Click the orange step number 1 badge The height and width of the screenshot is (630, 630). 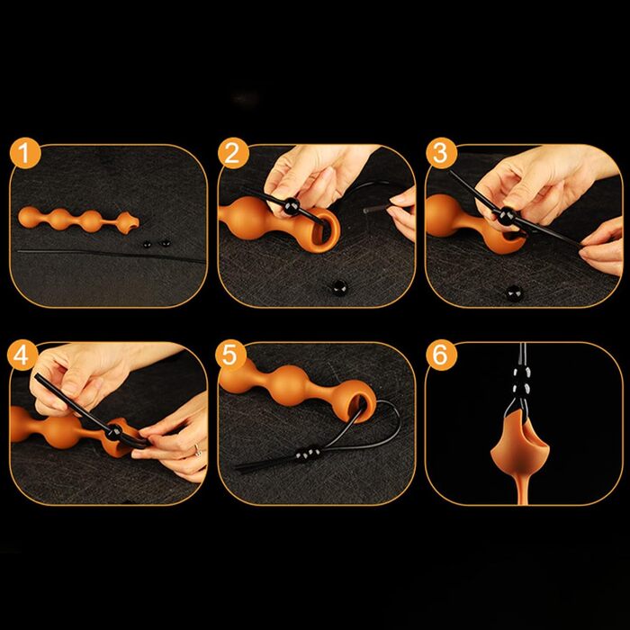click(x=25, y=154)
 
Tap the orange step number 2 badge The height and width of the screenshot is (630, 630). click(x=233, y=153)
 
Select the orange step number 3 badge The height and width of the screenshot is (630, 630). click(x=441, y=153)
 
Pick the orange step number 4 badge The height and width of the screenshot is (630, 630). click(x=22, y=355)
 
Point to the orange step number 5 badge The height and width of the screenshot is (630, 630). click(x=230, y=355)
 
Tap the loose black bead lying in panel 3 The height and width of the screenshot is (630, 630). click(x=514, y=292)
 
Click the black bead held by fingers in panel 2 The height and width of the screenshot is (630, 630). click(x=292, y=206)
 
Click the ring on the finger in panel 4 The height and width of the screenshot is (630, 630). click(x=198, y=449)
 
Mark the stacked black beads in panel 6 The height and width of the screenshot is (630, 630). click(x=521, y=381)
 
